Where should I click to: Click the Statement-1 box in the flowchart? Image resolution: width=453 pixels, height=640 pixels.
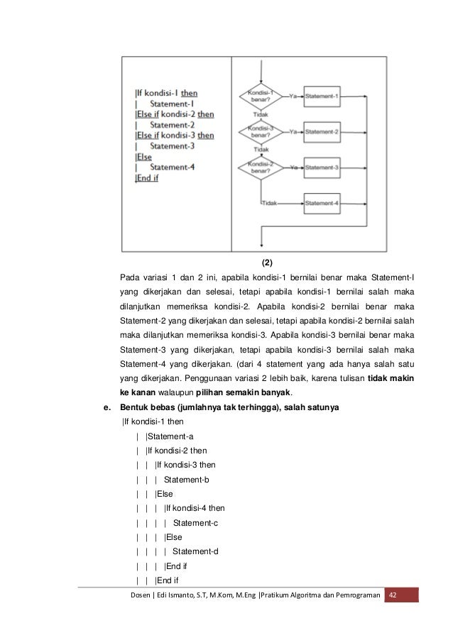[323, 96]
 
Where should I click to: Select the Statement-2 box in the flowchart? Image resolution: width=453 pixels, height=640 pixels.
[323, 131]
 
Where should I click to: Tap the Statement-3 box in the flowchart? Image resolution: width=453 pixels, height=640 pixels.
[323, 167]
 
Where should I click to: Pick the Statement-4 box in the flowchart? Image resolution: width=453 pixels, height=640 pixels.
[323, 203]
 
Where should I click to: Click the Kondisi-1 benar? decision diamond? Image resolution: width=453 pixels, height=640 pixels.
[263, 96]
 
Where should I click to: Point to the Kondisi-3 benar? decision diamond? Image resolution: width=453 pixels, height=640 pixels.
[263, 131]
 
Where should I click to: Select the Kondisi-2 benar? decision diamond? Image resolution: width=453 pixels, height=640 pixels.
[263, 167]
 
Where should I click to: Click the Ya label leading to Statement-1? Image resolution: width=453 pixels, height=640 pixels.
[293, 93]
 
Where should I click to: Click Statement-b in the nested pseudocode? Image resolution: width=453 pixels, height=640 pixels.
[187, 479]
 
